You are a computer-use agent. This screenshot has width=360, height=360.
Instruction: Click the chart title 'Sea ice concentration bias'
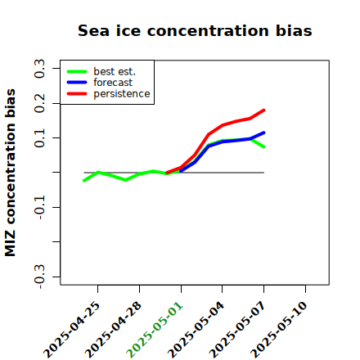pos(195,30)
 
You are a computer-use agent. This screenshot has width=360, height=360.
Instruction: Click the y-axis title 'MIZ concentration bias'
pos(10,173)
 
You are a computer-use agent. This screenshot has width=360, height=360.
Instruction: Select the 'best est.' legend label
pos(115,71)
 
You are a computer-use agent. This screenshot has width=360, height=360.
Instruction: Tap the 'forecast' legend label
pos(113,83)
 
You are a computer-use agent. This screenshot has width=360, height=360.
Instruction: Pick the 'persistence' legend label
pos(122,94)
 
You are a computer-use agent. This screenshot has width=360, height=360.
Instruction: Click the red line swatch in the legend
pos(77,94)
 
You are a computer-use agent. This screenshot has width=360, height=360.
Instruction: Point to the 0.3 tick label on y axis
pos(39,69)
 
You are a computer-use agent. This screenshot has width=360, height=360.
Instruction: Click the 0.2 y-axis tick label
pos(39,103)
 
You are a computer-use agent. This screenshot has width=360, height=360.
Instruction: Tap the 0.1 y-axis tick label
pos(39,138)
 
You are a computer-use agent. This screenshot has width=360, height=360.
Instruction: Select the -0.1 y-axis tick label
pos(39,208)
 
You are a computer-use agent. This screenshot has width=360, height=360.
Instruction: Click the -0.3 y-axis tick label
pos(39,277)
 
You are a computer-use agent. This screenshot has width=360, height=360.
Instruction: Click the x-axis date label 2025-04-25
pos(72,330)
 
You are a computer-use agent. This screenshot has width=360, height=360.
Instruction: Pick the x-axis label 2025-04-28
pos(113,330)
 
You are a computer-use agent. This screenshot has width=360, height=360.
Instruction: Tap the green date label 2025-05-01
pos(155,330)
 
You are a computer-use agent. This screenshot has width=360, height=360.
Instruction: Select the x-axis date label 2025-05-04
pos(196,330)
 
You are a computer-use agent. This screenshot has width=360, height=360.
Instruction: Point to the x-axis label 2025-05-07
pos(237,330)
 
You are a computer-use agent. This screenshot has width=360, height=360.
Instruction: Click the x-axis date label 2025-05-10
pos(279,330)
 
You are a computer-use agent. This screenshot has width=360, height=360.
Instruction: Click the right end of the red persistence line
pos(264,110)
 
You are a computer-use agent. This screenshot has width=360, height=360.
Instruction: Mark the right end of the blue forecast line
pos(264,133)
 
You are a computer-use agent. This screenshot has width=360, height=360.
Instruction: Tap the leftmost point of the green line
pos(84,181)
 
